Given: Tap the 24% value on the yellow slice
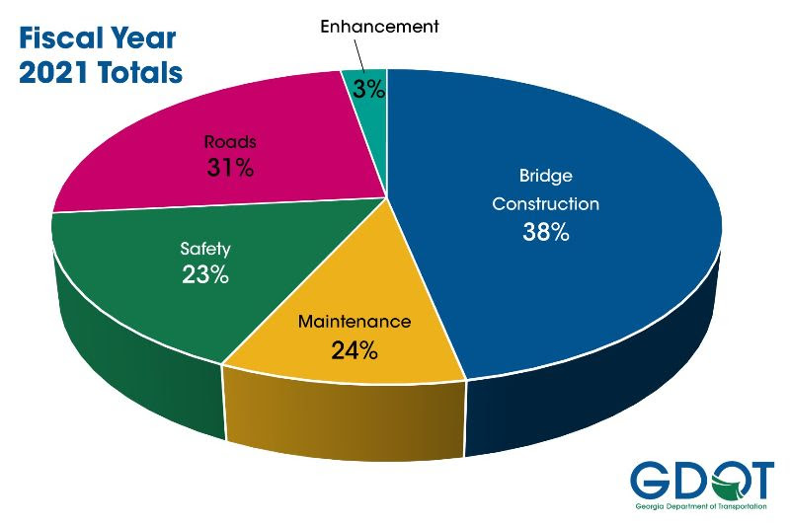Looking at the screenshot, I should (354, 349).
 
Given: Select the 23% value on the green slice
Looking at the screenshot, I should (205, 274).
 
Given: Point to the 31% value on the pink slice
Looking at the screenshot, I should (230, 167).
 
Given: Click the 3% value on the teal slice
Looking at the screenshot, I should (369, 88).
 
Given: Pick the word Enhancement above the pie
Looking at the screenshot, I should (379, 27).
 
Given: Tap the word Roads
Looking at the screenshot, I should (230, 140).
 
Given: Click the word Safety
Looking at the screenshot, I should (205, 249).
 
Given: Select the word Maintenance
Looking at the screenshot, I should (355, 322).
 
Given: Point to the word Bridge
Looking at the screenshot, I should (546, 177).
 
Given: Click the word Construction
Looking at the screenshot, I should (546, 204).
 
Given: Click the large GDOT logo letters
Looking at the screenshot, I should (702, 482).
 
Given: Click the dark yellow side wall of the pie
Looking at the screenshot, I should (346, 419).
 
